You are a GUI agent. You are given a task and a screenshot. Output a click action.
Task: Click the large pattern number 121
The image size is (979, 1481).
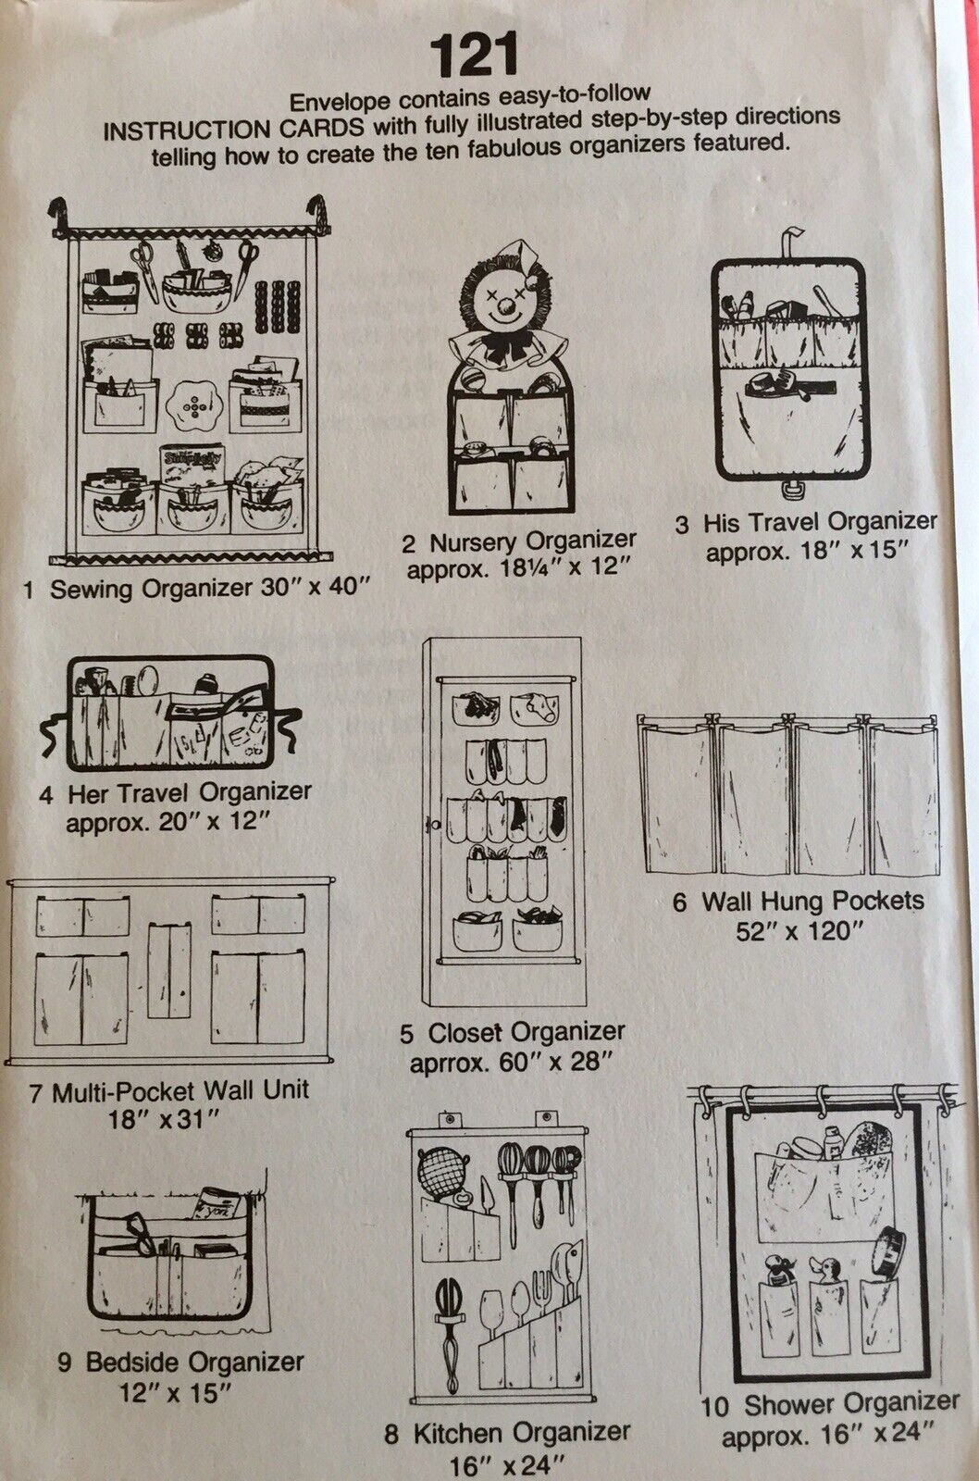474,56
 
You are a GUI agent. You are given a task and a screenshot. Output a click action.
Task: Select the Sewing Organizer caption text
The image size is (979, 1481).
195,588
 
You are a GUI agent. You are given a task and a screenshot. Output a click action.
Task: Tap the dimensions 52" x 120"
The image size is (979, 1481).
799,931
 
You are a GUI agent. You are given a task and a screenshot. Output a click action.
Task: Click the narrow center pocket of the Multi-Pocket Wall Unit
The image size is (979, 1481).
169,971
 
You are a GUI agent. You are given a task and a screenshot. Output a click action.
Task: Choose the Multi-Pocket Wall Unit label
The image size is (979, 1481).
169,1091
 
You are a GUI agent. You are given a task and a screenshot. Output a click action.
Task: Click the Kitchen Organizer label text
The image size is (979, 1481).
507,1434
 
